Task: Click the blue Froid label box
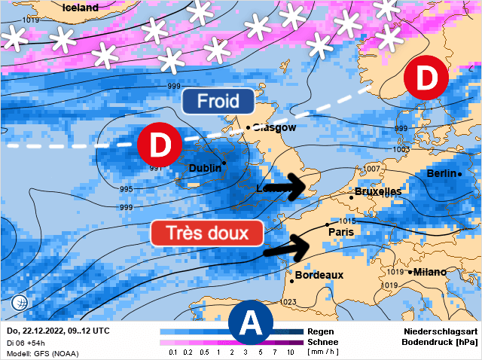[218, 101]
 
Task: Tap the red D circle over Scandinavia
[426, 78]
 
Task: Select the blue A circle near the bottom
[251, 323]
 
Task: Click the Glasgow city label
[275, 128]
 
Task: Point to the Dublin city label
[204, 168]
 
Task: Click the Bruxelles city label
[378, 192]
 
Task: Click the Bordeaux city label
[319, 275]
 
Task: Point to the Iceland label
[80, 8]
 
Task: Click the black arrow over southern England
[287, 185]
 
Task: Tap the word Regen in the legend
[322, 331]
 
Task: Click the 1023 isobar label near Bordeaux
[288, 303]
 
